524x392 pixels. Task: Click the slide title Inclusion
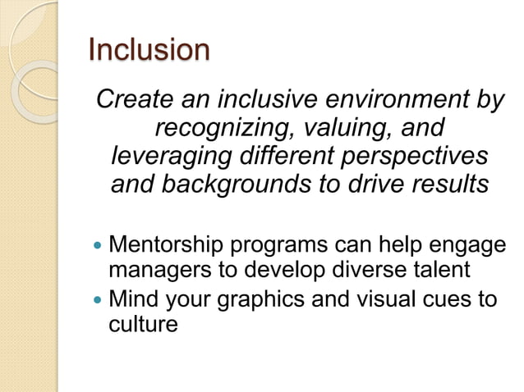(149, 50)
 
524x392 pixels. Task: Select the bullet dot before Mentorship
(99, 245)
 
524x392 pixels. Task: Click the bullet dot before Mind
(99, 299)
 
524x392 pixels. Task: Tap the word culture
(143, 324)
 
